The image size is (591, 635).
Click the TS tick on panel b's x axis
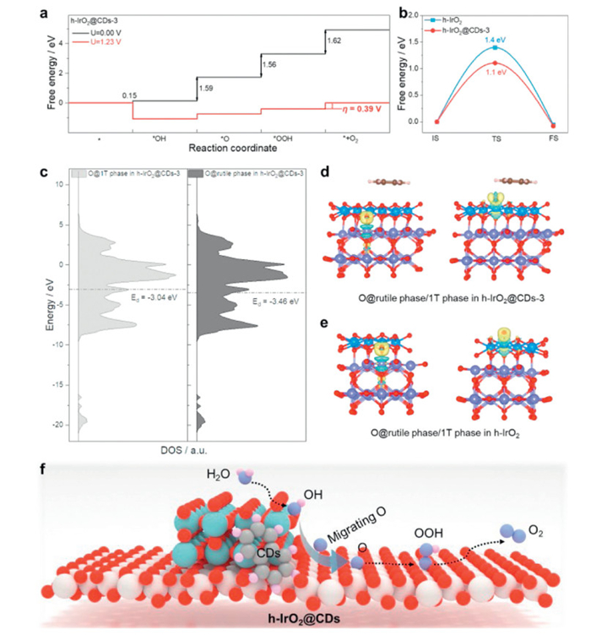pos(504,134)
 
